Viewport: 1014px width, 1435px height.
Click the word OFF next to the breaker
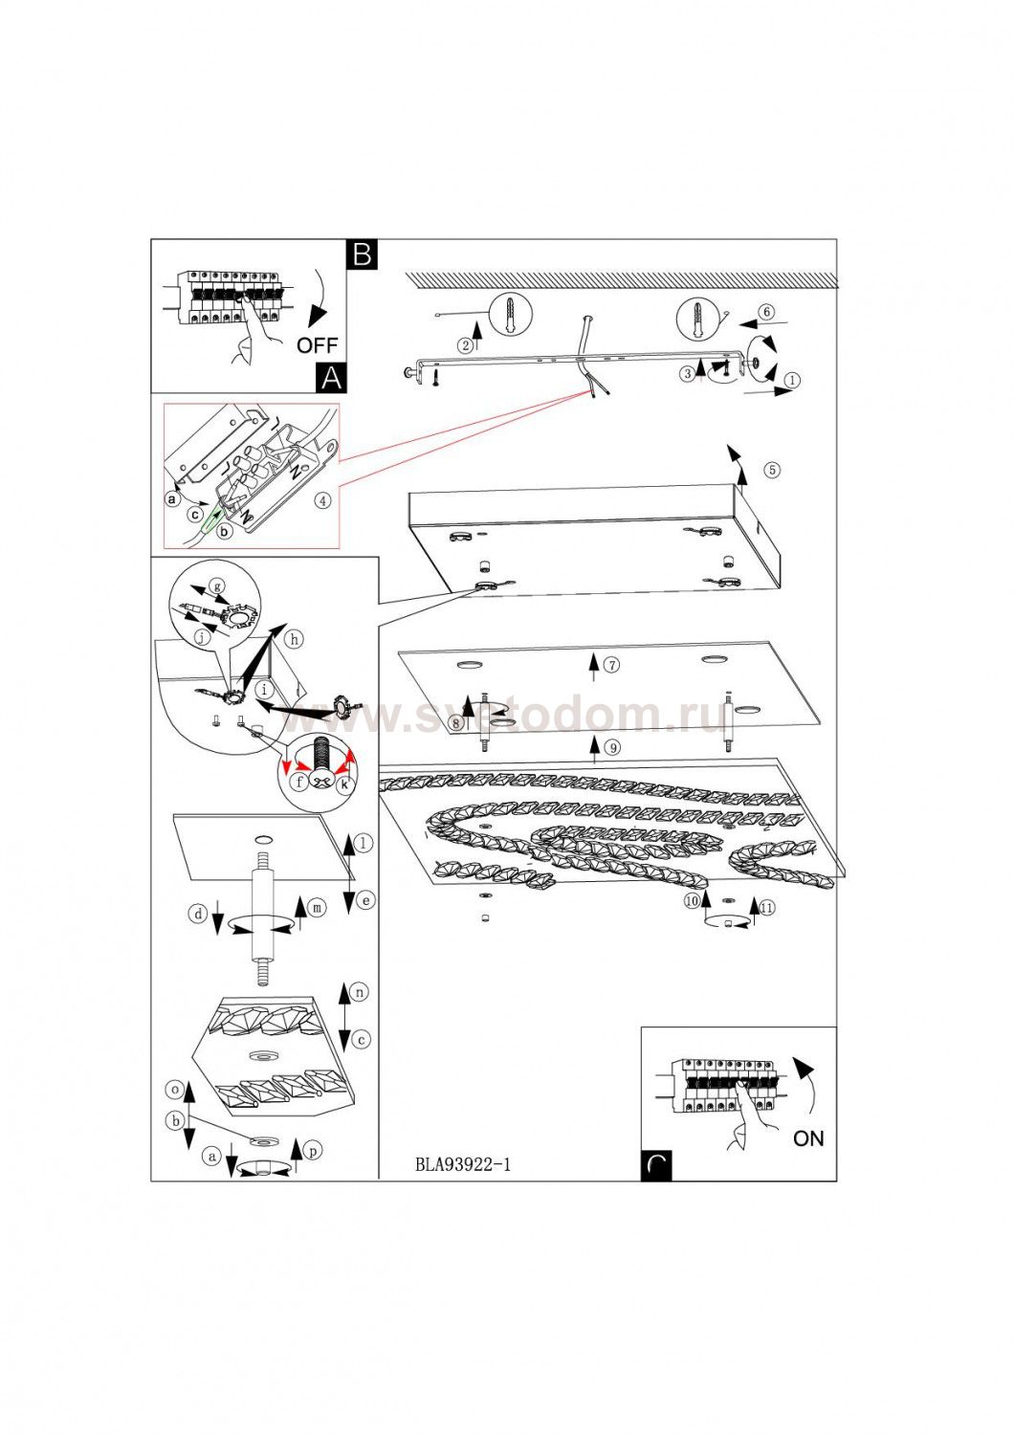click(317, 345)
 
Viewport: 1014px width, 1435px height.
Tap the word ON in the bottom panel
click(808, 1138)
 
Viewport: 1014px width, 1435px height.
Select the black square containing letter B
click(363, 254)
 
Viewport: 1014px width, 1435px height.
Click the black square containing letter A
click(330, 378)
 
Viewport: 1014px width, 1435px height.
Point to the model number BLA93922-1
click(463, 1164)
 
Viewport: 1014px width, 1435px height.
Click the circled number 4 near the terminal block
click(324, 499)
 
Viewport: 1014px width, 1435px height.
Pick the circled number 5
click(772, 470)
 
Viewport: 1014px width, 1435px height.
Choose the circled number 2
click(465, 345)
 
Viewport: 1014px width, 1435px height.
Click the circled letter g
click(217, 585)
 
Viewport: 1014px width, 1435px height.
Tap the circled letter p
click(314, 1151)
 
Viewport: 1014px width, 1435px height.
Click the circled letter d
click(197, 915)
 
